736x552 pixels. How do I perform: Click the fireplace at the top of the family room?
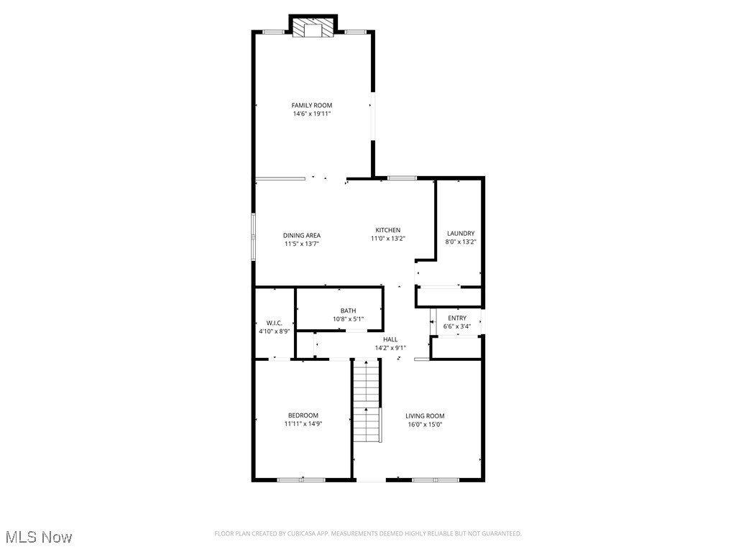[313, 28]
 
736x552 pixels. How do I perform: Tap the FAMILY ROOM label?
[311, 106]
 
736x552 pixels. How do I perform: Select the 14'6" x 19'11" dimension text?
[311, 114]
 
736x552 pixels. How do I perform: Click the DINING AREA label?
[301, 235]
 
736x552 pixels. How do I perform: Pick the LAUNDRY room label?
[461, 234]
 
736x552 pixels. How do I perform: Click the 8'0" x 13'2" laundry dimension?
[461, 242]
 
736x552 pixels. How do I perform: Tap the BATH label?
[348, 310]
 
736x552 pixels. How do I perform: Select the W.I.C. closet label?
[274, 323]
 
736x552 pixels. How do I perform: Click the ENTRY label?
[457, 318]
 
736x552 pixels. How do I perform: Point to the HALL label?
[390, 339]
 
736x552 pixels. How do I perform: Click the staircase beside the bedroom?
[366, 402]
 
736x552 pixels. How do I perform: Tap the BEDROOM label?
[303, 415]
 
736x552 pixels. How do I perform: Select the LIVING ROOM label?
[425, 416]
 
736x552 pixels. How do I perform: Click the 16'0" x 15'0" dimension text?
[425, 425]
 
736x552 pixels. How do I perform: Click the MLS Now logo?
[39, 537]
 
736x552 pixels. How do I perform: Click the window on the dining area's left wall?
[253, 235]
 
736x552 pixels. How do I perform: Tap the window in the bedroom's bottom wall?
[301, 479]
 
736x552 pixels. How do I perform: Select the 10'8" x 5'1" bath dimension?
[348, 319]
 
